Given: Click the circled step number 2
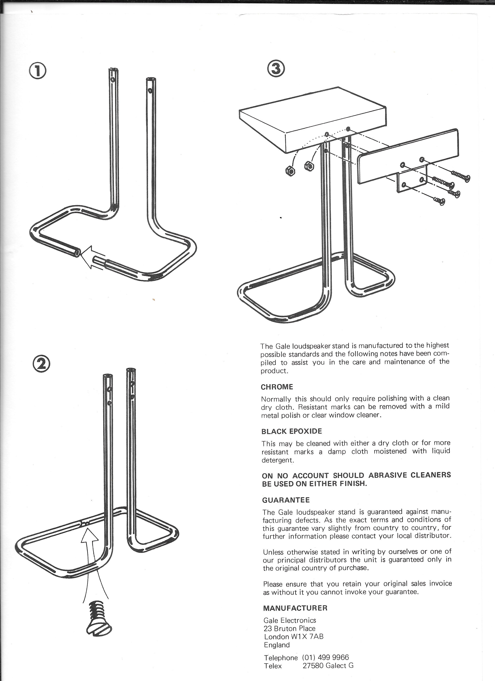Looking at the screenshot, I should pos(41,364).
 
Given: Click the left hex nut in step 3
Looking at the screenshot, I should pos(290,171).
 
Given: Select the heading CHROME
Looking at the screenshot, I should pos(277,387).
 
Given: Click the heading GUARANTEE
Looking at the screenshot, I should pos(286,500).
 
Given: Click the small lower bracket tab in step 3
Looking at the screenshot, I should pos(412,182).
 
